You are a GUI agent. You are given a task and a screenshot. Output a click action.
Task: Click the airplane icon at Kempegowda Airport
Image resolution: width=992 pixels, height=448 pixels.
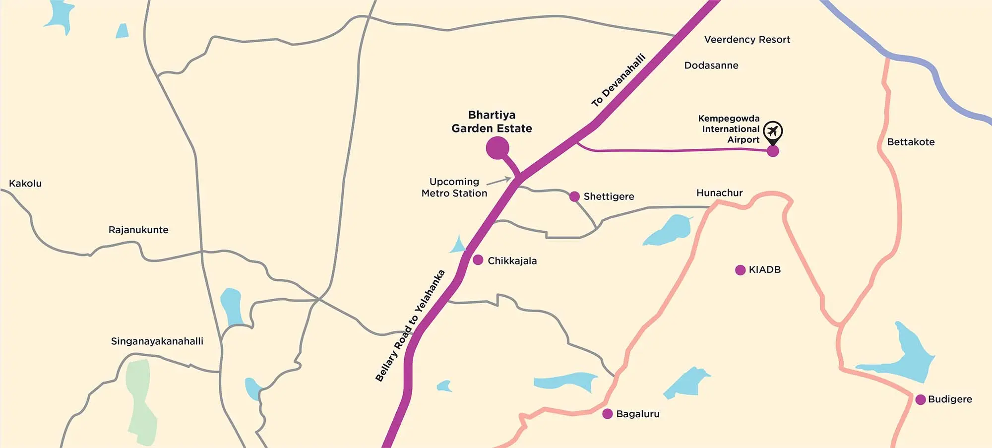(773, 131)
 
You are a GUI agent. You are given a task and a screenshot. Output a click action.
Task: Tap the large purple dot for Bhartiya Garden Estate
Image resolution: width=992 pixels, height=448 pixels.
(497, 147)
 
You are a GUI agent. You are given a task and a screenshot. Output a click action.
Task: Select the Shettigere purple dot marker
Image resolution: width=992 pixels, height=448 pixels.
(574, 196)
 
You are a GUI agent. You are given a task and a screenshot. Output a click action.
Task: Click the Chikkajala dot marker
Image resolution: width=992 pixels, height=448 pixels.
(478, 260)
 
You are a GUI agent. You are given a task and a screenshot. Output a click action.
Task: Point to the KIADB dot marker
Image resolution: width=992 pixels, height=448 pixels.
(740, 270)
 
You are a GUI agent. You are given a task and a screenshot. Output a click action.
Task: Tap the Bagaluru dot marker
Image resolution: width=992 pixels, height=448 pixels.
(608, 414)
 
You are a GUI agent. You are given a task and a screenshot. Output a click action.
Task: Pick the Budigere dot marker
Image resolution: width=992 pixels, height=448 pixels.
(921, 399)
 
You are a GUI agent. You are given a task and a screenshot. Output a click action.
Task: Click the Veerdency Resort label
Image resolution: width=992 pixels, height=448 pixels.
(747, 40)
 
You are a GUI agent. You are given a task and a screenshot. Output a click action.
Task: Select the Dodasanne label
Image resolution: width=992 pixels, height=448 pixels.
(711, 65)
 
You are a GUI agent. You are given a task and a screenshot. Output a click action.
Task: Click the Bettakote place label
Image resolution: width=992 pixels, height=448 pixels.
(911, 142)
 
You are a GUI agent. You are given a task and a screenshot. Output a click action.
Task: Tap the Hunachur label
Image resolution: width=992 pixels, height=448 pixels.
(719, 193)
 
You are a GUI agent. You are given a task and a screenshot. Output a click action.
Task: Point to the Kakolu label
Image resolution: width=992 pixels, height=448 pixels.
(25, 184)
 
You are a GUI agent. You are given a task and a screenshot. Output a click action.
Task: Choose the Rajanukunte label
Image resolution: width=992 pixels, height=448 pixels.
(138, 230)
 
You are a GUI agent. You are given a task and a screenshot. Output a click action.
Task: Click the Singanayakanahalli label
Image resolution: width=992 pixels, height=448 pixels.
(157, 341)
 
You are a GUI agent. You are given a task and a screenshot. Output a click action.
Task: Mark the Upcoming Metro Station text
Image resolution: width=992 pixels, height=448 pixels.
(454, 188)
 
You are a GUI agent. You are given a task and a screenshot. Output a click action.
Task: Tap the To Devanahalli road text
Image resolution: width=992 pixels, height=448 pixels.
(619, 80)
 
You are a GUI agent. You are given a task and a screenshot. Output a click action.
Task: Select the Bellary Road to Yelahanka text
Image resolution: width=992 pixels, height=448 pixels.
(410, 326)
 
